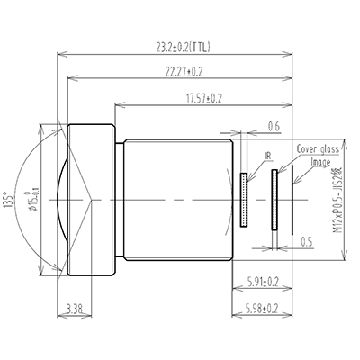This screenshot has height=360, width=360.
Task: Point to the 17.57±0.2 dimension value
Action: pos(203,97)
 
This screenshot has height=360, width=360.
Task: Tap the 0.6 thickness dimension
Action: pos(274,126)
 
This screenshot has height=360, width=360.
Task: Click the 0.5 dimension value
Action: pos(307,242)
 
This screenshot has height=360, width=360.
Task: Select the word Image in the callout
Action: pos(320,162)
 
